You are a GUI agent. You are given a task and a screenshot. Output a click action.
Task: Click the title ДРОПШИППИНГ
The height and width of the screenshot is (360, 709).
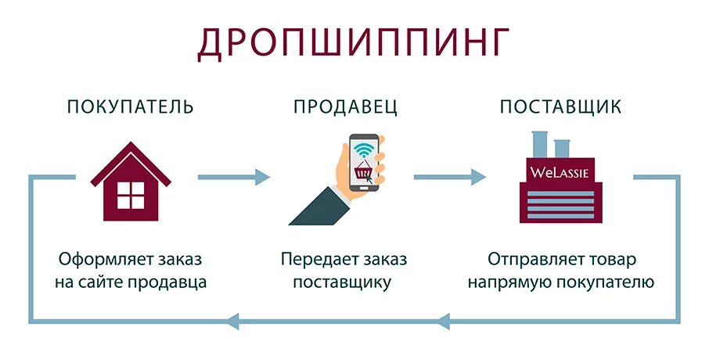(354, 44)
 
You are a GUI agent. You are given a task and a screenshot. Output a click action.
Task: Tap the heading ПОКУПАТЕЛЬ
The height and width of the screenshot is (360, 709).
(130, 106)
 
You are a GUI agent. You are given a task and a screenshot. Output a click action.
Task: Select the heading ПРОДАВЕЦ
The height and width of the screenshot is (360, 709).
(345, 106)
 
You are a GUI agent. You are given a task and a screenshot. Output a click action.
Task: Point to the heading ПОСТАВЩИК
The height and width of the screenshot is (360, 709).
(560, 106)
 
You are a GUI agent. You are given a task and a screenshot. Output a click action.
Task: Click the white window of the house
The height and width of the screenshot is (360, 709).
(130, 195)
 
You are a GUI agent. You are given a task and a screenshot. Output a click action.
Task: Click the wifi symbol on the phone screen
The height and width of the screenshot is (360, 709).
(363, 149)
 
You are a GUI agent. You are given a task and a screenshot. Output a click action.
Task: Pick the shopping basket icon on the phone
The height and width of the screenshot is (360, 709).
(362, 171)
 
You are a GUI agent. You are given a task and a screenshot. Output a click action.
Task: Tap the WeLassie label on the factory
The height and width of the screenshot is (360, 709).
(559, 170)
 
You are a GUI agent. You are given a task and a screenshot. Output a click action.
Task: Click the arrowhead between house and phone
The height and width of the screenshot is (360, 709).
(261, 178)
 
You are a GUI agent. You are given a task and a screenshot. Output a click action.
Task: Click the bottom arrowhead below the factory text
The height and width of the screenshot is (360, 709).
(445, 319)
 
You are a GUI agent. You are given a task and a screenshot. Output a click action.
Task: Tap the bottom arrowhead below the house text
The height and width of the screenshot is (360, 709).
(233, 319)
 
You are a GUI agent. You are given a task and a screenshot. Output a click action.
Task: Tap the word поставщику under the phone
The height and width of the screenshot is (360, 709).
(341, 282)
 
